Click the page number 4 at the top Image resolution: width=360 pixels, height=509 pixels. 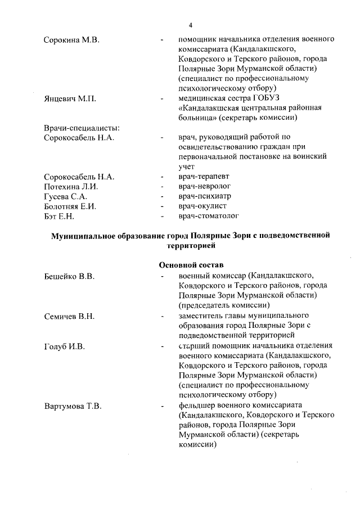pyautogui.click(x=191, y=25)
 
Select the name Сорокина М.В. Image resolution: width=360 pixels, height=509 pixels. pyautogui.click(x=71, y=40)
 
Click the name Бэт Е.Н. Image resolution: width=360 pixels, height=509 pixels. pyautogui.click(x=60, y=215)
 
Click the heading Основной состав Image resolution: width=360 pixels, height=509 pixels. pyautogui.click(x=191, y=264)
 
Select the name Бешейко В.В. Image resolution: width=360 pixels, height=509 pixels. pyautogui.click(x=69, y=276)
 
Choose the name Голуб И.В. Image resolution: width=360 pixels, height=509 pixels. pyautogui.click(x=64, y=346)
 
